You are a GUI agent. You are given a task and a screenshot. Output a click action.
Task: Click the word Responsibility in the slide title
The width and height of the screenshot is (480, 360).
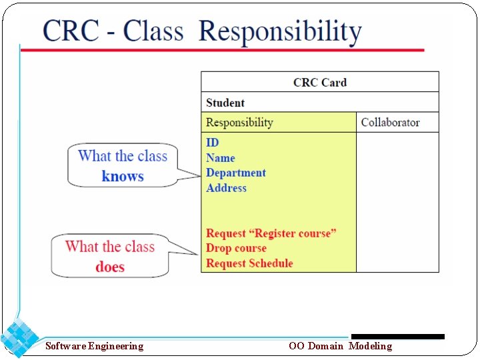tap(280, 33)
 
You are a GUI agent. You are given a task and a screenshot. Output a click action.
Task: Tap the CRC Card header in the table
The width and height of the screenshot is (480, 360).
tap(320, 83)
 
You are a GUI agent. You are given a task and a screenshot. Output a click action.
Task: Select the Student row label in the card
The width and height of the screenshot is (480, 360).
tap(225, 103)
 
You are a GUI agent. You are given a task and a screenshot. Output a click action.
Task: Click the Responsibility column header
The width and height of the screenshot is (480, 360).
tap(239, 123)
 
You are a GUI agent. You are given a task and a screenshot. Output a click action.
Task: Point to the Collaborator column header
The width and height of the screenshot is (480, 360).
tap(390, 123)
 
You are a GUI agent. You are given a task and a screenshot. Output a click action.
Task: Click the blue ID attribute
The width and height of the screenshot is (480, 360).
tap(213, 143)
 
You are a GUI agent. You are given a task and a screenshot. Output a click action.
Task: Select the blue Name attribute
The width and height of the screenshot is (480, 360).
tap(221, 158)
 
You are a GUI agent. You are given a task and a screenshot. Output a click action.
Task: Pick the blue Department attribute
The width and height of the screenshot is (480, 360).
tap(236, 173)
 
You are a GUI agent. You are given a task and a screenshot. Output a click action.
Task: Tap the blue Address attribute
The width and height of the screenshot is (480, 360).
tap(227, 188)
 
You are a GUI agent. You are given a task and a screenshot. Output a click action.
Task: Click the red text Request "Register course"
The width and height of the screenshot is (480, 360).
tap(271, 233)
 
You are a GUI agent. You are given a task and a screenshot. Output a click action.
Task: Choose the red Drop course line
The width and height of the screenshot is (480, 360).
tap(237, 249)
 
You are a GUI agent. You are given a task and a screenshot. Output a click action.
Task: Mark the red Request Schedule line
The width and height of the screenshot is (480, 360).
tap(249, 263)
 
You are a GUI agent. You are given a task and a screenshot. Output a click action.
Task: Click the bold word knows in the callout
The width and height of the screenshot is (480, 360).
tap(123, 177)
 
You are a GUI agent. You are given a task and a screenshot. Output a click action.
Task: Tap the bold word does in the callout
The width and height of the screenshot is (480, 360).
tap(110, 267)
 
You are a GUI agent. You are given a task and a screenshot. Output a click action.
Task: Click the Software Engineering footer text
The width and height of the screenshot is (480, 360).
tap(94, 346)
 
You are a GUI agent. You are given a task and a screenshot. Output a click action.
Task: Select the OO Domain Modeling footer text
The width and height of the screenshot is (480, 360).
tap(340, 346)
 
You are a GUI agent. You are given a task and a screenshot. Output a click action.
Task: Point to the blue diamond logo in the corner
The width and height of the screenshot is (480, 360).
tap(19, 338)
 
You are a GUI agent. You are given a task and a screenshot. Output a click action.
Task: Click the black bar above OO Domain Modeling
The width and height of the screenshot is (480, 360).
tap(397, 337)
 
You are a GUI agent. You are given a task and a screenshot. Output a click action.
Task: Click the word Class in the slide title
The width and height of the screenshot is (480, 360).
tap(153, 31)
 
